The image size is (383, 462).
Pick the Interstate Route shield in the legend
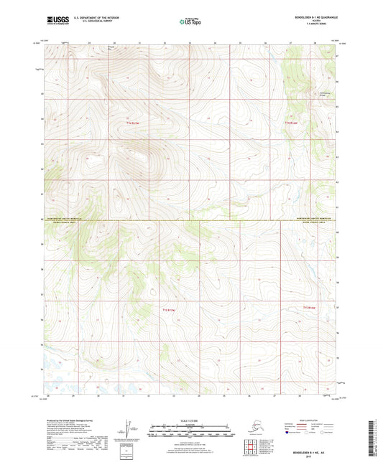(289, 433)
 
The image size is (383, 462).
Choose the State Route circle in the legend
(331, 433)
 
